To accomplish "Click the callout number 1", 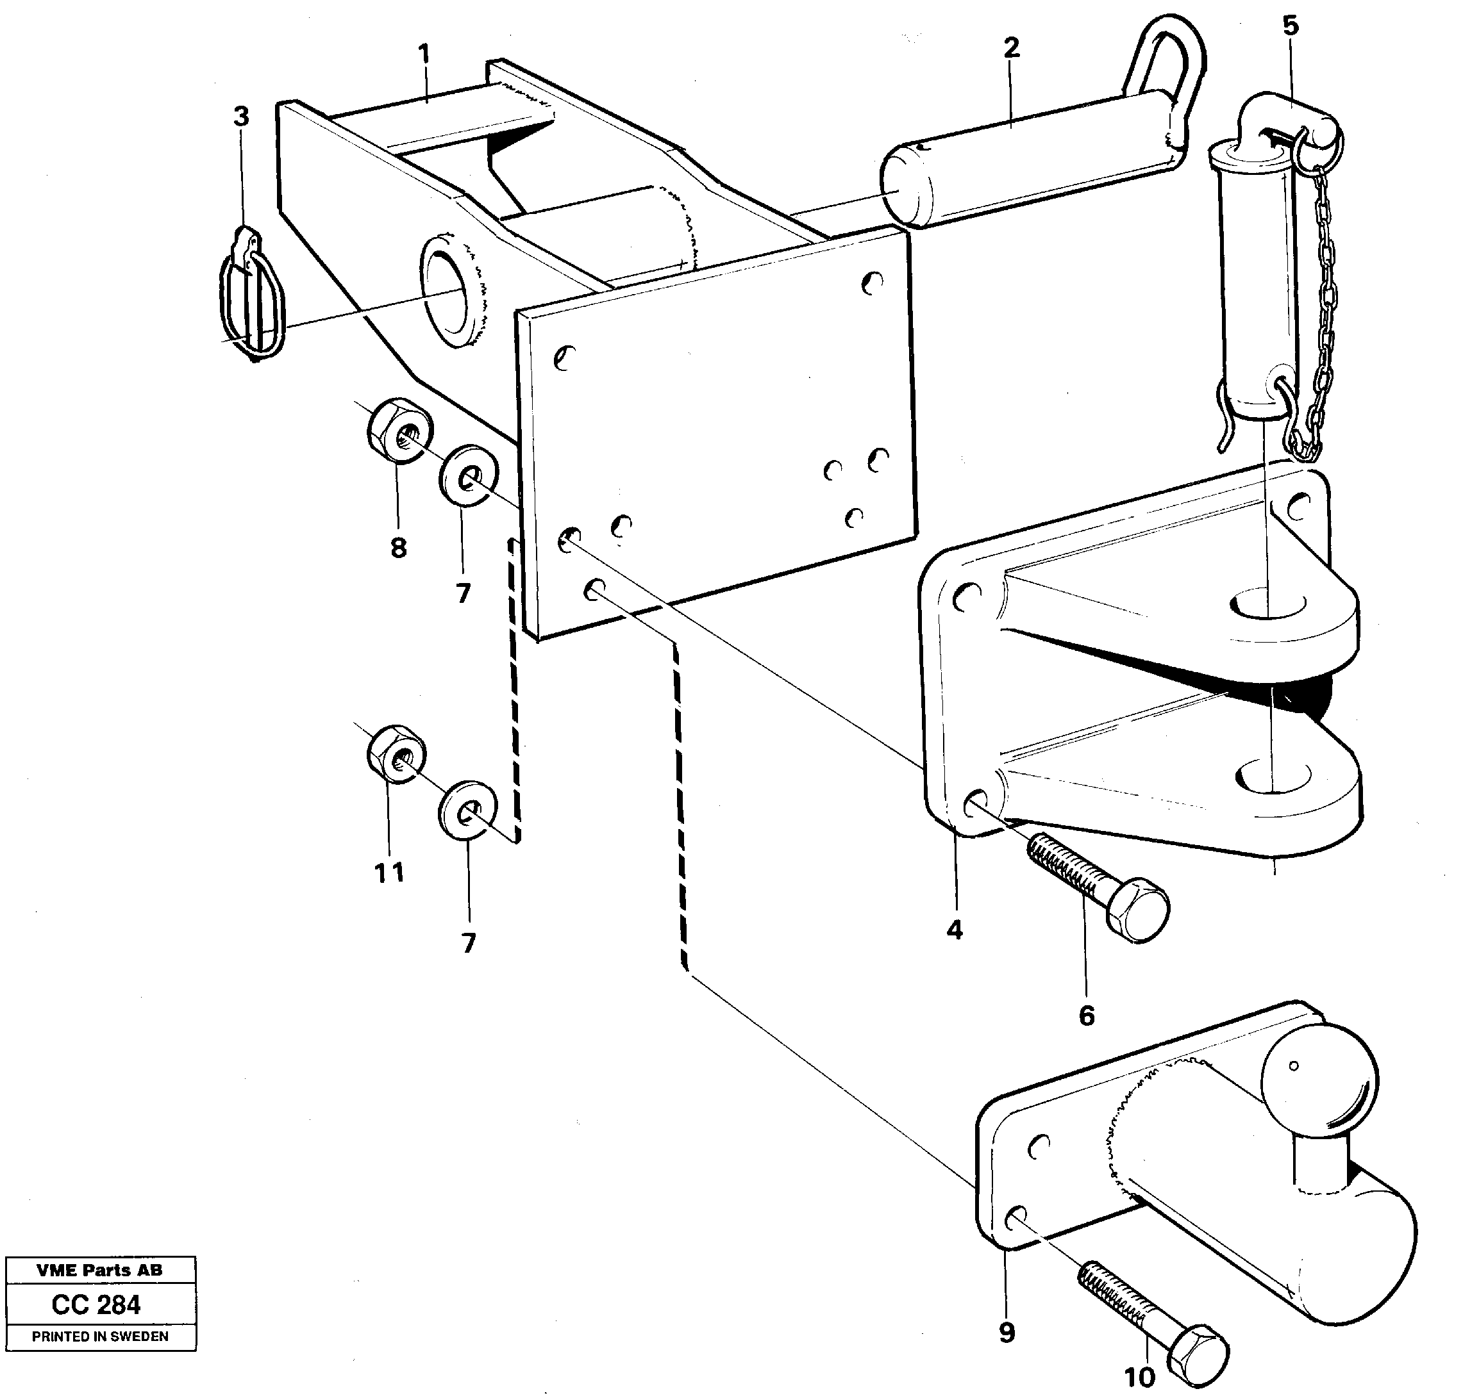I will [x=424, y=54].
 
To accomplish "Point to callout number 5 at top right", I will [x=1290, y=26].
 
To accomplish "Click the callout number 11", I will [x=389, y=871].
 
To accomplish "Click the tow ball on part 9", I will [x=1318, y=1081].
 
